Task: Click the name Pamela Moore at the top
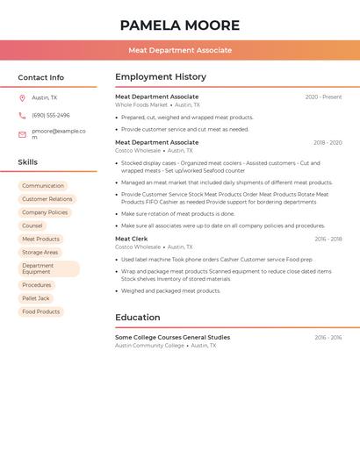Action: [x=180, y=25]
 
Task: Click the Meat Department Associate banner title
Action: [x=180, y=51]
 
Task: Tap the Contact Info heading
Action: [x=40, y=77]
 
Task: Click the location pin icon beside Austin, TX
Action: [x=22, y=98]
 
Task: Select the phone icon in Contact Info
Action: [x=22, y=115]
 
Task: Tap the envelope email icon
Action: [x=22, y=134]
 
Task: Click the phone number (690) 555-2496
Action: [x=51, y=115]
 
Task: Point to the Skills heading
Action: [x=27, y=162]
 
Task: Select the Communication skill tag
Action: [x=43, y=186]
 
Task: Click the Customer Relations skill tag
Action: [x=47, y=199]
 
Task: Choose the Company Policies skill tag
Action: [x=45, y=212]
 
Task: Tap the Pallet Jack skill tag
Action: [x=36, y=298]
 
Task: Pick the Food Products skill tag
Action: [x=41, y=311]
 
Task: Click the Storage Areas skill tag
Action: [x=40, y=253]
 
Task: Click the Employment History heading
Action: [x=161, y=77]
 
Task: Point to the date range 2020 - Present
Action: [x=323, y=97]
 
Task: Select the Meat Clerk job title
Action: [x=132, y=239]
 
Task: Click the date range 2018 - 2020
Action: [x=328, y=142]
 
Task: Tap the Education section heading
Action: [x=138, y=318]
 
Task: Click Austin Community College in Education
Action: [x=149, y=346]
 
